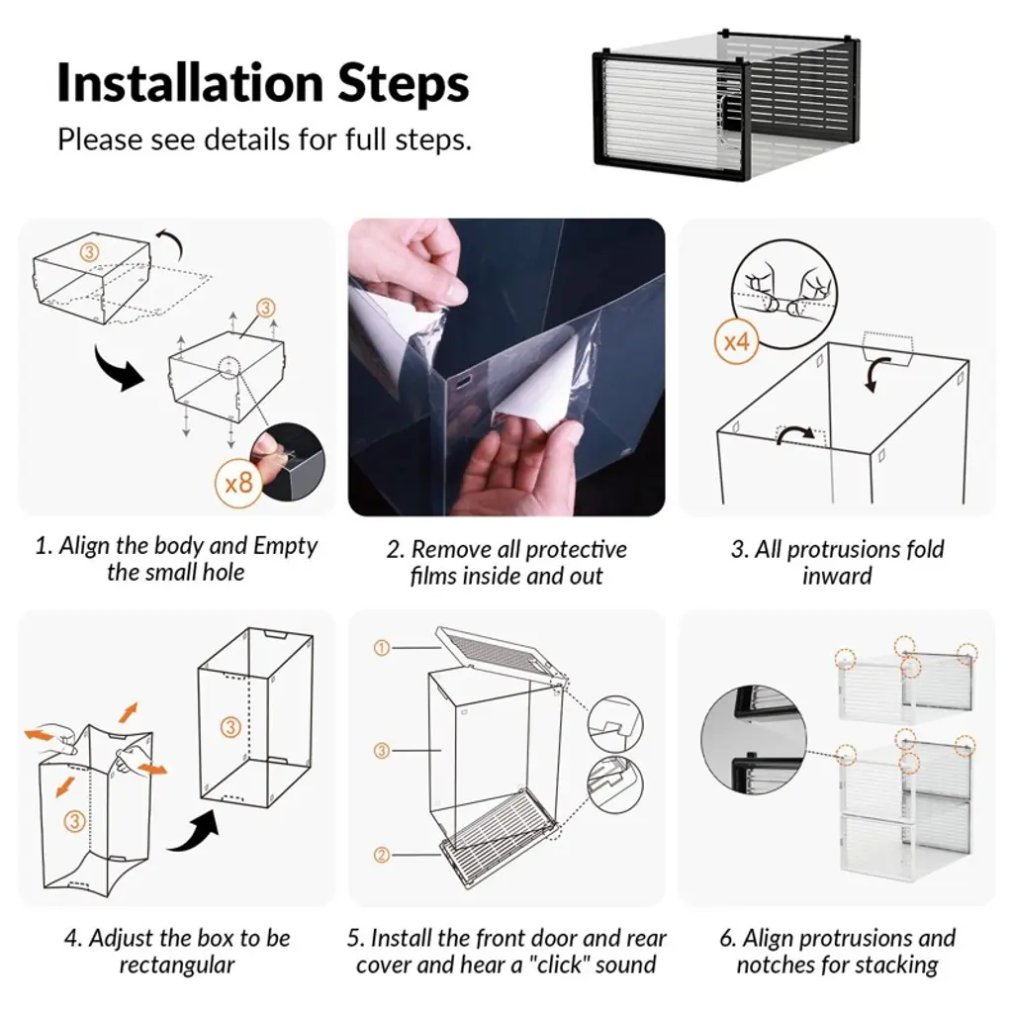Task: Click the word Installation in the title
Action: point(190,83)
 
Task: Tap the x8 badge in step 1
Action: point(238,483)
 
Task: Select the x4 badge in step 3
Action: point(736,341)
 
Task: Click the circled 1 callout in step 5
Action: point(382,647)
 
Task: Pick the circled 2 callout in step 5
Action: point(382,856)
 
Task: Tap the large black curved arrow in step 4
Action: point(194,831)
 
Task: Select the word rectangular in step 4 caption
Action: point(176,965)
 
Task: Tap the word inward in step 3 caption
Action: point(837,576)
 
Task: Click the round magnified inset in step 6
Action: point(753,739)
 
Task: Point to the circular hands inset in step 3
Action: point(784,295)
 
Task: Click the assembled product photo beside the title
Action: point(726,105)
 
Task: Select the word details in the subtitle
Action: point(247,138)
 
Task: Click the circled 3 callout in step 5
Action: point(382,751)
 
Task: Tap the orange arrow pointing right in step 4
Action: point(152,768)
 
